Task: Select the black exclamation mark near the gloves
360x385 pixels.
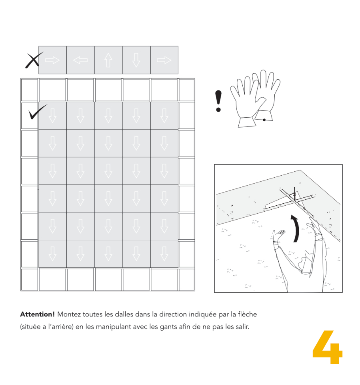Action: (x=218, y=101)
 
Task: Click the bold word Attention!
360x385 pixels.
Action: (x=37, y=314)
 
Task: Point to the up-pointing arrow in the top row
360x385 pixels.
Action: (x=108, y=60)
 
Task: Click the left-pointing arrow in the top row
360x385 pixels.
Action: (x=80, y=60)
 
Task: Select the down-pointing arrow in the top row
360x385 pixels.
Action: (x=136, y=60)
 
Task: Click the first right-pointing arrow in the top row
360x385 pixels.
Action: (x=52, y=60)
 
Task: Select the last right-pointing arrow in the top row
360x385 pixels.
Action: (x=164, y=60)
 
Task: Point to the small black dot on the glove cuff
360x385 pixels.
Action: (x=264, y=120)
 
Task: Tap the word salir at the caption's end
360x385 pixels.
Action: (x=242, y=327)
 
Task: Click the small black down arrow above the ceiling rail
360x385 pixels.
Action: (x=294, y=191)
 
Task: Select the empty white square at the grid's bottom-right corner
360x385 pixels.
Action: (x=186, y=279)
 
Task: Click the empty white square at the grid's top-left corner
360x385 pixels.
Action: (x=29, y=90)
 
